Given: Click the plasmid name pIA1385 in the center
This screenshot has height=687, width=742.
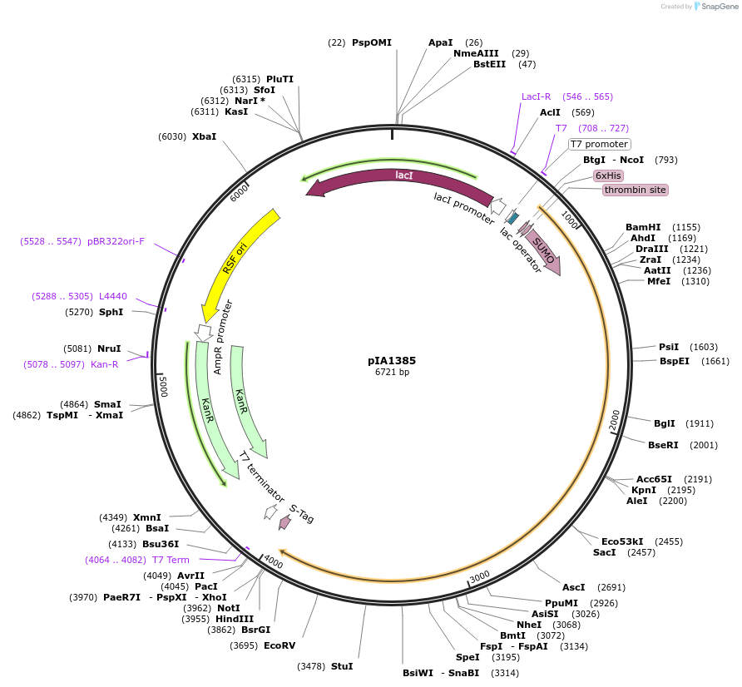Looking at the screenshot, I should pos(392,361).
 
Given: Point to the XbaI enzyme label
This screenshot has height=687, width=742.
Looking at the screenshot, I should pos(204,136).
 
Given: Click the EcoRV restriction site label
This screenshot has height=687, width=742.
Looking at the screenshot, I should pos(279,645).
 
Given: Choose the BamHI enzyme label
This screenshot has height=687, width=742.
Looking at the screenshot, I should pos(643,227).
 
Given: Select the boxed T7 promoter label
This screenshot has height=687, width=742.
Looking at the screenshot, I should pos(599,144).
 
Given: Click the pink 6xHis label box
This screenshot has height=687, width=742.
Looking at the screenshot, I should pos(608,175).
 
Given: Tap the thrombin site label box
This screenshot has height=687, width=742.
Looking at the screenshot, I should pos(636,190).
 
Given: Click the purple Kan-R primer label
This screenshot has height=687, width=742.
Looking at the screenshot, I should pos(104,363).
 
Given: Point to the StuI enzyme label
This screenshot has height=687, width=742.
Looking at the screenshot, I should pos(342,666).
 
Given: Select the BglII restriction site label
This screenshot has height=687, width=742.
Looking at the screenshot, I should pos(665,423).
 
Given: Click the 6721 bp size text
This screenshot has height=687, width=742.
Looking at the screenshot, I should pos(392,373).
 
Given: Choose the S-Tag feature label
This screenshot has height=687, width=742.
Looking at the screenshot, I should pos(301,513).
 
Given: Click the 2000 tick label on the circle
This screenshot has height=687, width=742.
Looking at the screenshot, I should pos(614,420).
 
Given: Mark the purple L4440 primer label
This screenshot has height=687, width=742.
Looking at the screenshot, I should pos(113,296).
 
